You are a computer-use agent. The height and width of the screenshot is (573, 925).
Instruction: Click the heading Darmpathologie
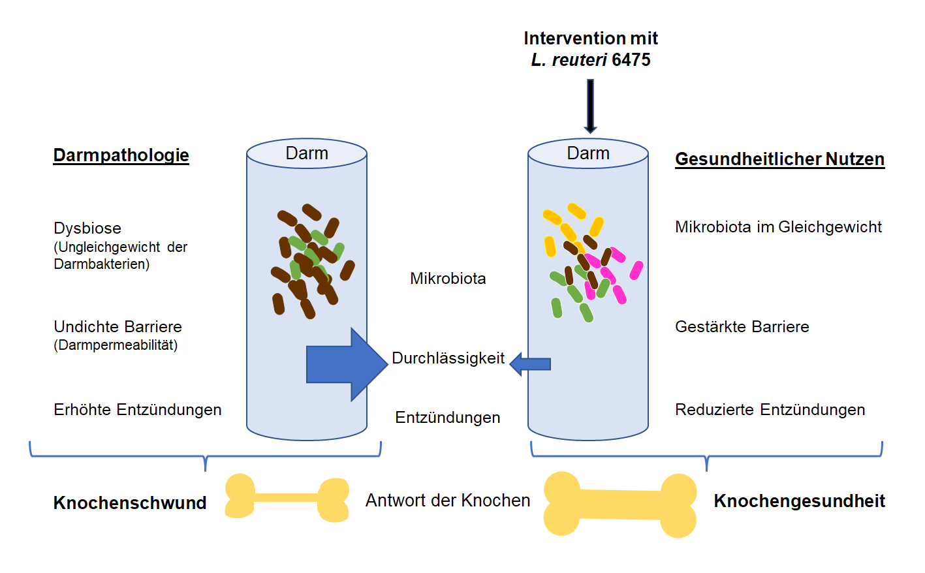click(x=121, y=155)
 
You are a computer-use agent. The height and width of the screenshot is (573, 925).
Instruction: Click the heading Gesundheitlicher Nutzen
click(x=779, y=159)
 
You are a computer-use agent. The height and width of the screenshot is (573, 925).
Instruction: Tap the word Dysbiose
click(x=87, y=228)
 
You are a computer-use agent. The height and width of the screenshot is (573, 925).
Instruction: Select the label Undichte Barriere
click(x=118, y=326)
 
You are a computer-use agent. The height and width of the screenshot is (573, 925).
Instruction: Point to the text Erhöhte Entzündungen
click(x=137, y=410)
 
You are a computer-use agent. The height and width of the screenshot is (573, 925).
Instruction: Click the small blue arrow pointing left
click(x=530, y=364)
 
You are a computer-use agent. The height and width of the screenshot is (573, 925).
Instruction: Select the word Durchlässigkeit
click(x=448, y=358)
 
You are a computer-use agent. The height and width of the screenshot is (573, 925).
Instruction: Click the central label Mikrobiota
click(x=448, y=279)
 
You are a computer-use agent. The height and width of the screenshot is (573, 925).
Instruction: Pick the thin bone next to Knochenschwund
click(x=286, y=498)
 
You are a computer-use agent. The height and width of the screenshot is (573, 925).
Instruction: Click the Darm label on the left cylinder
click(x=307, y=153)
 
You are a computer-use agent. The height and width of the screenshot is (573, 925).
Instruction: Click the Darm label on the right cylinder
click(x=588, y=153)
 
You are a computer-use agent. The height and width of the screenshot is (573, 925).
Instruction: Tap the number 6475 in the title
click(x=631, y=60)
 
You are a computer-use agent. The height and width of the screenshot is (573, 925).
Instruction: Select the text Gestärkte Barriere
click(x=742, y=327)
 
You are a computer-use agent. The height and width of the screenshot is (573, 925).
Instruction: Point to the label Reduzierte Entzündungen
click(x=770, y=410)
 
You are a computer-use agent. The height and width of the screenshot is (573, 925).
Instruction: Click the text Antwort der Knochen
click(x=448, y=501)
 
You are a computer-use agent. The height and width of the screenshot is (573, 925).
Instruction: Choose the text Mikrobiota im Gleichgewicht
click(x=778, y=227)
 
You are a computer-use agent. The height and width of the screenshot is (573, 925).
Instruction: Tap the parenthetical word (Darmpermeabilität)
click(x=116, y=345)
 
